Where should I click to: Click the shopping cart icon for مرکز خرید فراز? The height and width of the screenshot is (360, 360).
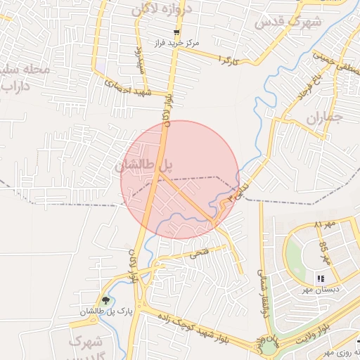177,32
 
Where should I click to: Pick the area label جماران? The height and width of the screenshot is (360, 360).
324,117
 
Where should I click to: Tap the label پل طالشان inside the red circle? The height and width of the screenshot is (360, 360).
143,166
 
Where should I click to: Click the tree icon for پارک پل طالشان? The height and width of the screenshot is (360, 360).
106,300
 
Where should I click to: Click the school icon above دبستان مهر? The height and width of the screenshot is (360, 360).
321,278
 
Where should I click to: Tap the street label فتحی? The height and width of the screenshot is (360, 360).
199,254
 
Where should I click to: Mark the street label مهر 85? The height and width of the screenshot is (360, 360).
324,250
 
